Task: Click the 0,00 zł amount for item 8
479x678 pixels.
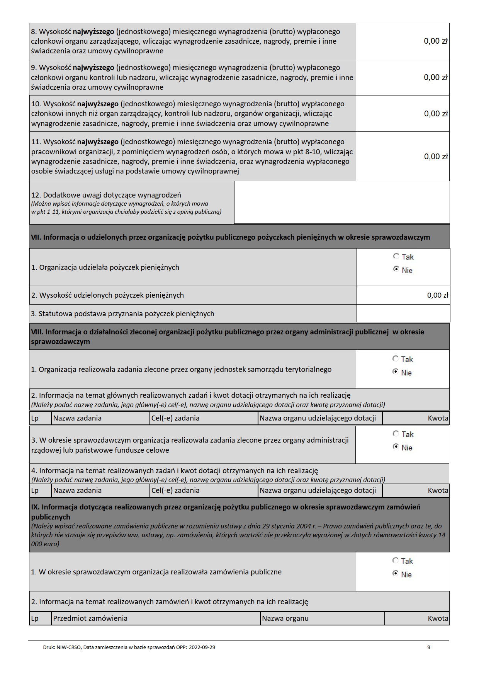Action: pyautogui.click(x=435, y=41)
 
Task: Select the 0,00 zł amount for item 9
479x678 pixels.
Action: pyautogui.click(x=435, y=77)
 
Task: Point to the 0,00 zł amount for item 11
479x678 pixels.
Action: pyautogui.click(x=436, y=157)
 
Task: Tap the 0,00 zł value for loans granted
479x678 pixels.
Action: pyautogui.click(x=437, y=295)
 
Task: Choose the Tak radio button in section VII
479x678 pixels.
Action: pyautogui.click(x=396, y=256)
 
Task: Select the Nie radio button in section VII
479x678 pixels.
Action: pyautogui.click(x=396, y=269)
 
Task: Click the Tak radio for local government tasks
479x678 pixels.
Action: pyautogui.click(x=395, y=359)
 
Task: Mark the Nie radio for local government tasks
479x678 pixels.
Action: pyautogui.click(x=395, y=372)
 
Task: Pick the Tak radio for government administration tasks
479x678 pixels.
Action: pyautogui.click(x=396, y=434)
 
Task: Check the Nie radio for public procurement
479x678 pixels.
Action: pyautogui.click(x=395, y=574)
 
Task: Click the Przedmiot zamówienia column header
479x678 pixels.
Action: pyautogui.click(x=90, y=618)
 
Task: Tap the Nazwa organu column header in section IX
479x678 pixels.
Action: pyautogui.click(x=285, y=618)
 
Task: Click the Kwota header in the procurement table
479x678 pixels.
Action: pyautogui.click(x=438, y=618)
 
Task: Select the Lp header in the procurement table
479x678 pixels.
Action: pyautogui.click(x=35, y=618)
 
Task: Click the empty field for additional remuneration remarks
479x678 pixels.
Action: pyautogui.click(x=341, y=203)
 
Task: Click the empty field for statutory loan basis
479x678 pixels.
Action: pyautogui.click(x=403, y=313)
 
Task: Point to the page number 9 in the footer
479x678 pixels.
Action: pyautogui.click(x=428, y=647)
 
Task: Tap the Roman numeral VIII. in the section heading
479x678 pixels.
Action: pyautogui.click(x=37, y=332)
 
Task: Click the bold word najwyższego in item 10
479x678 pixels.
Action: pyautogui.click(x=98, y=104)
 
